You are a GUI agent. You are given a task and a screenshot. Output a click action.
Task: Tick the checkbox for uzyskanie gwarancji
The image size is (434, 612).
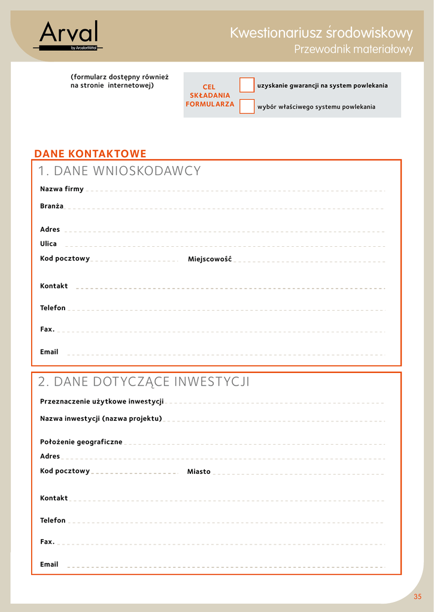coord(247,85)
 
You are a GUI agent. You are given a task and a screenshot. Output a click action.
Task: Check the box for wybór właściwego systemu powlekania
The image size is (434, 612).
coord(247,106)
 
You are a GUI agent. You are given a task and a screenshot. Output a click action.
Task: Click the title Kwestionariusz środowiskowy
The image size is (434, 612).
coord(321,33)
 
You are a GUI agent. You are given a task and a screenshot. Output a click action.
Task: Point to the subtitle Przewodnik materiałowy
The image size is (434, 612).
coord(353,50)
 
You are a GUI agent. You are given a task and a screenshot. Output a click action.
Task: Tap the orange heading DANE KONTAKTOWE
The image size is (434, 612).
coord(90,154)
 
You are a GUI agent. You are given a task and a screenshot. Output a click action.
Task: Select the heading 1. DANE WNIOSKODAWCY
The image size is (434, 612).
coord(120,172)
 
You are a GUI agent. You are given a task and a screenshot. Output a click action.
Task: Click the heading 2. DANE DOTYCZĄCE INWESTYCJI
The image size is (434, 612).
coord(144,382)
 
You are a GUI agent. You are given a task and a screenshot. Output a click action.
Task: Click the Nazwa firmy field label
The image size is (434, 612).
coord(62,189)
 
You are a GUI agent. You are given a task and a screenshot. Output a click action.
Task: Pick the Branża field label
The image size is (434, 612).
coord(51,206)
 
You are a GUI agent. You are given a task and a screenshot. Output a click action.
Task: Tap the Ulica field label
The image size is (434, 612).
coord(48,244)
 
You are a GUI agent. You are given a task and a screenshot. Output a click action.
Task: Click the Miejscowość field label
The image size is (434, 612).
coord(210,259)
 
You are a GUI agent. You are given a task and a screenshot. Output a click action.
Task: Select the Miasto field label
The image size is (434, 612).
coord(199,472)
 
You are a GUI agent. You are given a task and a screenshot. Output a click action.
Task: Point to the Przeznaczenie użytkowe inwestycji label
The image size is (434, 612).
coord(102,402)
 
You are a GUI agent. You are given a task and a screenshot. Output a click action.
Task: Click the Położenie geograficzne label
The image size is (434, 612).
coord(81,442)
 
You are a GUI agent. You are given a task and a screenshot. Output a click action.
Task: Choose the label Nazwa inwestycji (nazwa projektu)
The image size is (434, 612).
coord(101,418)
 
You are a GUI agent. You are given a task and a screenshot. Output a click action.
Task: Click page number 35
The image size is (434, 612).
coord(417,596)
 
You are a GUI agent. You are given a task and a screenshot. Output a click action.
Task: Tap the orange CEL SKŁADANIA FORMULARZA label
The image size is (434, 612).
coord(210,96)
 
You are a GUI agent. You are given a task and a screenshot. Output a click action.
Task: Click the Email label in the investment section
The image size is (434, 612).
coord(49,564)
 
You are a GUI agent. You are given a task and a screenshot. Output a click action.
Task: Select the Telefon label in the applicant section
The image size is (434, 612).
coord(53,308)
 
